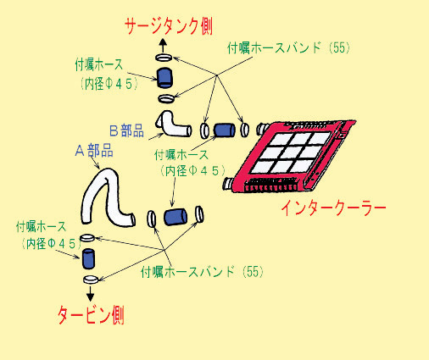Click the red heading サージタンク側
(x=169, y=26)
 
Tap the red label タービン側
(x=91, y=315)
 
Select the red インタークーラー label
(x=333, y=208)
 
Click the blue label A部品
(x=94, y=150)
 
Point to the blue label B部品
(x=126, y=130)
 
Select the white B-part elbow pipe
(x=173, y=124)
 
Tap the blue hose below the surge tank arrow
(x=164, y=78)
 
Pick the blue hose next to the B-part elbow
(x=224, y=130)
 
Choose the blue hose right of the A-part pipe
(x=175, y=217)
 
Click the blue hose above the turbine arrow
(x=88, y=258)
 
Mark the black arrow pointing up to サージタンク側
(x=163, y=46)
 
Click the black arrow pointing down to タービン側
(x=90, y=294)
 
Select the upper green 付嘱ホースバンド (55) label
(x=288, y=47)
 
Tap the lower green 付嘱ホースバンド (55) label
(x=202, y=272)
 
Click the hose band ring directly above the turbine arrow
(x=91, y=280)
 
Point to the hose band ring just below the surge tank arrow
(x=164, y=58)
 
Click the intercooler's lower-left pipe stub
(x=228, y=184)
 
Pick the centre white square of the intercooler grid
(x=291, y=152)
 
